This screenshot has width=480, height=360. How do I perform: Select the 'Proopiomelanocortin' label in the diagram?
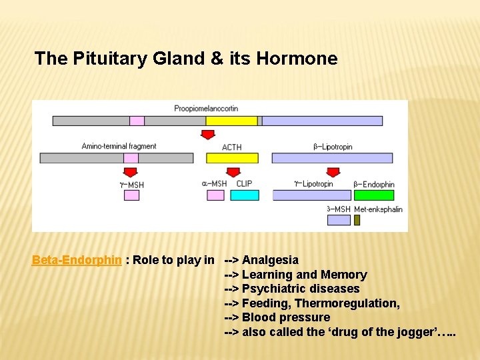click(206, 109)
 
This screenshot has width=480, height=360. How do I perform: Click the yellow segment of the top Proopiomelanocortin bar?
click(231, 121)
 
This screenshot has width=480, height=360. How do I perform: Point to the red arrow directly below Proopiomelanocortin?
click(208, 135)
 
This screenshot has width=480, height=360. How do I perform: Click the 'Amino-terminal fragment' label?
click(119, 146)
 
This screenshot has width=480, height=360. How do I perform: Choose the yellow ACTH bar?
click(231, 158)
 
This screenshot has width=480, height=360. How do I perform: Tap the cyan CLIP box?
click(244, 195)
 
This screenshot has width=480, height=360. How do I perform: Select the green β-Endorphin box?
click(373, 195)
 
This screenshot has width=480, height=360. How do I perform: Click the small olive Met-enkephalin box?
click(357, 220)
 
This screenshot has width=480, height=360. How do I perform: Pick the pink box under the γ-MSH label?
click(131, 195)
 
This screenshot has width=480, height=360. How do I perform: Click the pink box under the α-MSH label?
click(215, 195)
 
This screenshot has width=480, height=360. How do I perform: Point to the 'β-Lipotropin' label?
click(333, 147)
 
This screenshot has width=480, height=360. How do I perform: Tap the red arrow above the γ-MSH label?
click(131, 173)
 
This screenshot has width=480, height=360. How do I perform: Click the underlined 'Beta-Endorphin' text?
click(77, 260)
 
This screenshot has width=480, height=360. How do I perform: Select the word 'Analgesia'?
click(270, 260)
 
